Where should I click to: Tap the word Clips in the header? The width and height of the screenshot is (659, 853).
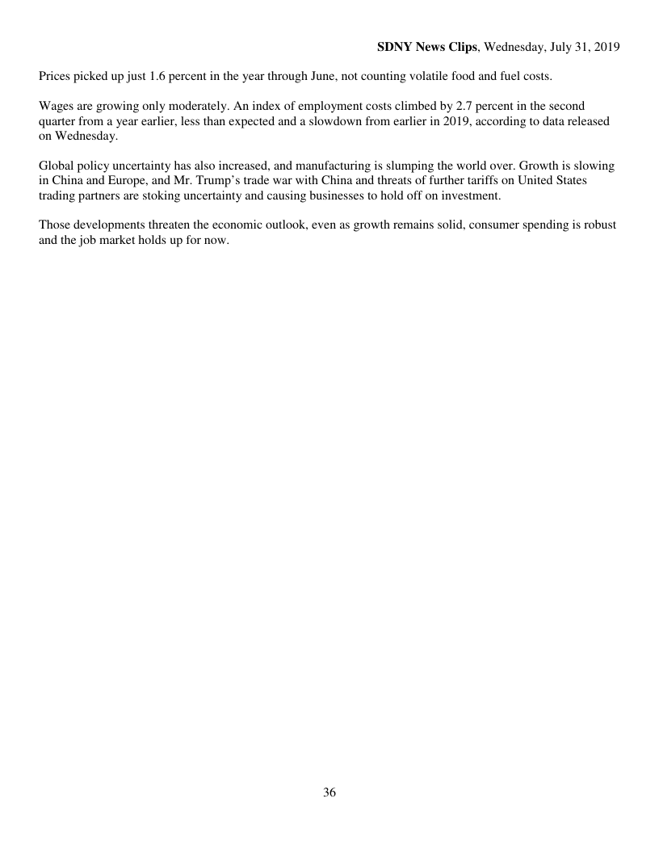tap(462, 48)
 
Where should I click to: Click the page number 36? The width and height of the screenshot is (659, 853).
tap(329, 792)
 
